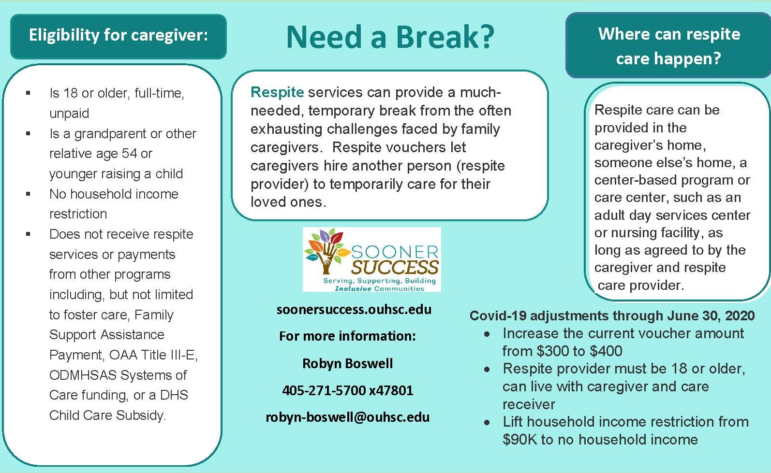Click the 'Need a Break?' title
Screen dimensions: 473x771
pyautogui.click(x=390, y=37)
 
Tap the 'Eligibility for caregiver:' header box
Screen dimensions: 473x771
pyautogui.click(x=118, y=36)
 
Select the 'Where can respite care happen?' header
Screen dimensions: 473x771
pyautogui.click(x=668, y=46)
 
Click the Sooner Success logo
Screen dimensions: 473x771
pyautogui.click(x=371, y=259)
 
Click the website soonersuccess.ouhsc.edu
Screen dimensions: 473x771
pyautogui.click(x=354, y=309)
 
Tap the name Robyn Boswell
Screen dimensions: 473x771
pyautogui.click(x=347, y=363)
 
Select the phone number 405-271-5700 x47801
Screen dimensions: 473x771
pyautogui.click(x=347, y=390)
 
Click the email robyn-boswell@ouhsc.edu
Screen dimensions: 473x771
pyautogui.click(x=347, y=417)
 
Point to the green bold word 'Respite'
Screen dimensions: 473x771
pyautogui.click(x=277, y=92)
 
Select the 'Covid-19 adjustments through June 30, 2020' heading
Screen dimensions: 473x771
pyautogui.click(x=612, y=315)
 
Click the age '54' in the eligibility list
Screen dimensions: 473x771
pyautogui.click(x=129, y=154)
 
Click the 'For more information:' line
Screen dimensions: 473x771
pyautogui.click(x=347, y=336)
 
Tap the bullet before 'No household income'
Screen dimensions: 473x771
pyautogui.click(x=28, y=194)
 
